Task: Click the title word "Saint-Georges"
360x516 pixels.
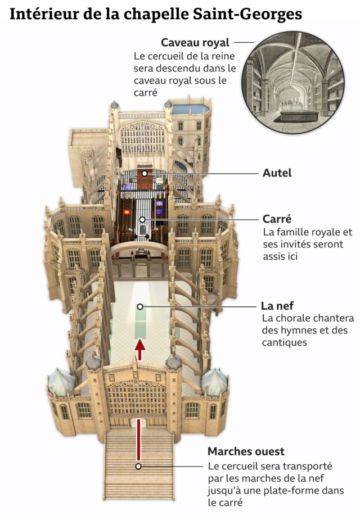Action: [x=256, y=14]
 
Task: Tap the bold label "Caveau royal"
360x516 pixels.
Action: [x=195, y=43]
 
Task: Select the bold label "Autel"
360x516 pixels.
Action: [x=277, y=173]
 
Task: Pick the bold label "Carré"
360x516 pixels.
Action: [x=276, y=219]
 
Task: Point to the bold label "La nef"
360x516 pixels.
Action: [x=276, y=306]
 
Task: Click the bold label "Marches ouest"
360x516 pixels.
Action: [x=246, y=451]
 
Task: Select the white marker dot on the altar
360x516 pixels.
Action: [x=145, y=174]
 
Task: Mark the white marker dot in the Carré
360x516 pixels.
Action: [x=142, y=219]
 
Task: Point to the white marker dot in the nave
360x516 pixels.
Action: [x=140, y=306]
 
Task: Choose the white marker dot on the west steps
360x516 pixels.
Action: [x=138, y=466]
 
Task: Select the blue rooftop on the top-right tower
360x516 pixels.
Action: [x=191, y=108]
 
